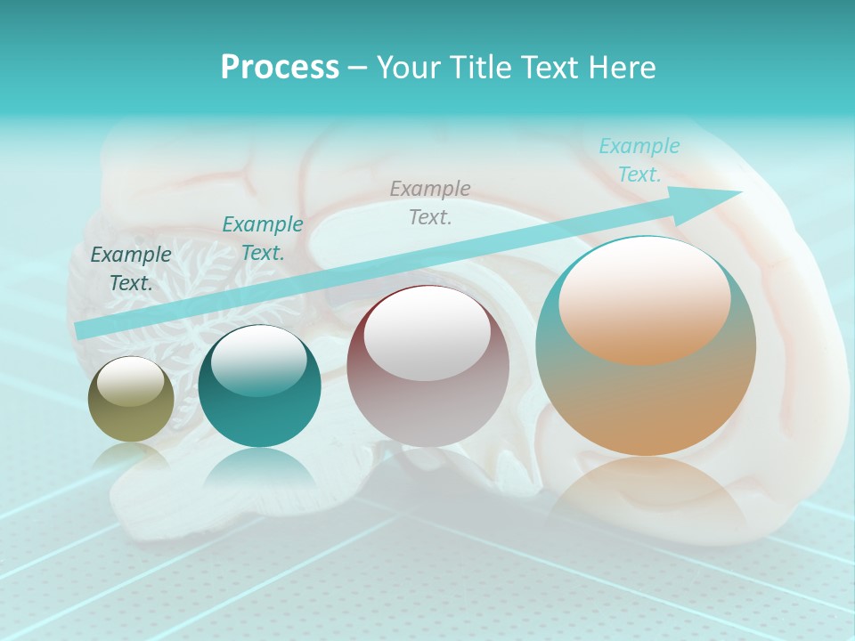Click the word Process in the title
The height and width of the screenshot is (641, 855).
280,68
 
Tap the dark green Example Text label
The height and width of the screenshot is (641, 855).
131,269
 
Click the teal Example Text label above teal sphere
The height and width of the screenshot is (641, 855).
263,239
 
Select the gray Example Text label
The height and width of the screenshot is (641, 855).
430,202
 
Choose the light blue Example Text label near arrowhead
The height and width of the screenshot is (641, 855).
639,160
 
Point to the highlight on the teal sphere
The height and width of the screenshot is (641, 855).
258,360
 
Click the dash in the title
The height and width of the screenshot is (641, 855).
357,68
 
